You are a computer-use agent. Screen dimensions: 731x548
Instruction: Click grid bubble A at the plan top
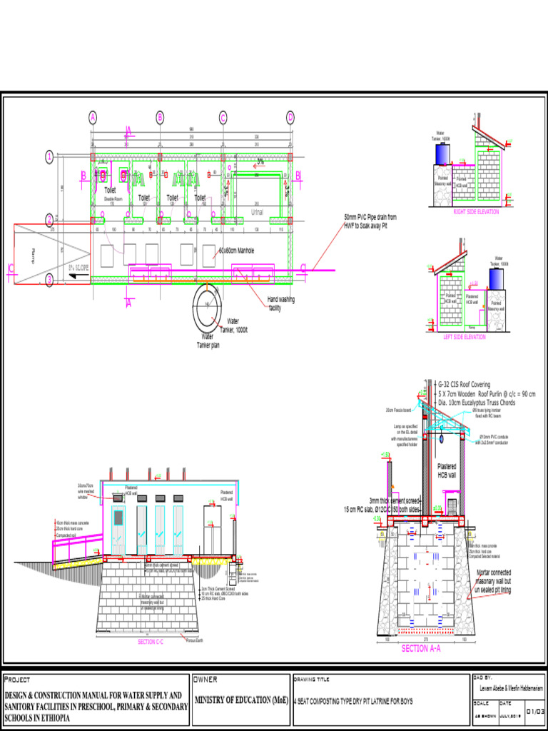(x=93, y=117)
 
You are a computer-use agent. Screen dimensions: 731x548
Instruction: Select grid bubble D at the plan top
(x=290, y=117)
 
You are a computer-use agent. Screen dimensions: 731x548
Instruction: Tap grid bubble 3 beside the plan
(x=49, y=280)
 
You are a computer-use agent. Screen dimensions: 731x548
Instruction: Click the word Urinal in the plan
(x=258, y=212)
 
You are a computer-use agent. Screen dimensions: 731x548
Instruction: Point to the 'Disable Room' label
(x=113, y=198)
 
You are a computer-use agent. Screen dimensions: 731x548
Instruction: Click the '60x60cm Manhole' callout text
(x=236, y=251)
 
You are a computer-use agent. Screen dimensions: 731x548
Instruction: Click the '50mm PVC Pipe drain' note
(x=370, y=221)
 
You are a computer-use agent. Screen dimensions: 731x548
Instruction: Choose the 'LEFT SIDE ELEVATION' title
(x=464, y=336)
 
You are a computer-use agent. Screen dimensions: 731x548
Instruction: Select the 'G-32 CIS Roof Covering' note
(x=470, y=383)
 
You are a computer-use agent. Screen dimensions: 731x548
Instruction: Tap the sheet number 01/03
(x=535, y=712)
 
